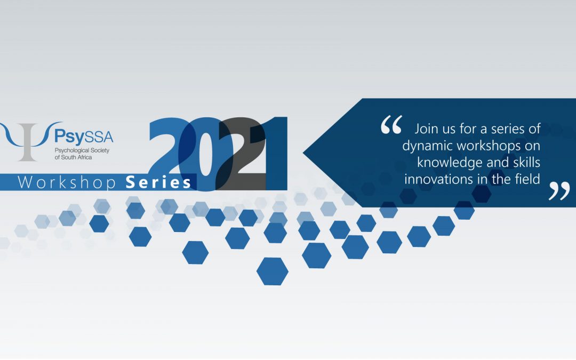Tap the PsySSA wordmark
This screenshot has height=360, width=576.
[84, 137]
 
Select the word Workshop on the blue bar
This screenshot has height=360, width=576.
[67, 182]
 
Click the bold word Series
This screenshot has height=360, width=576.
[158, 182]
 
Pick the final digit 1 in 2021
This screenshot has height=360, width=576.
[274, 154]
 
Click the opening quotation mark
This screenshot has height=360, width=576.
[391, 124]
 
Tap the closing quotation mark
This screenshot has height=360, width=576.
[559, 191]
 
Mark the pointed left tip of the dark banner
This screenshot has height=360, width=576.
[303, 153]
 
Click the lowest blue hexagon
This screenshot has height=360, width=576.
[272, 271]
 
